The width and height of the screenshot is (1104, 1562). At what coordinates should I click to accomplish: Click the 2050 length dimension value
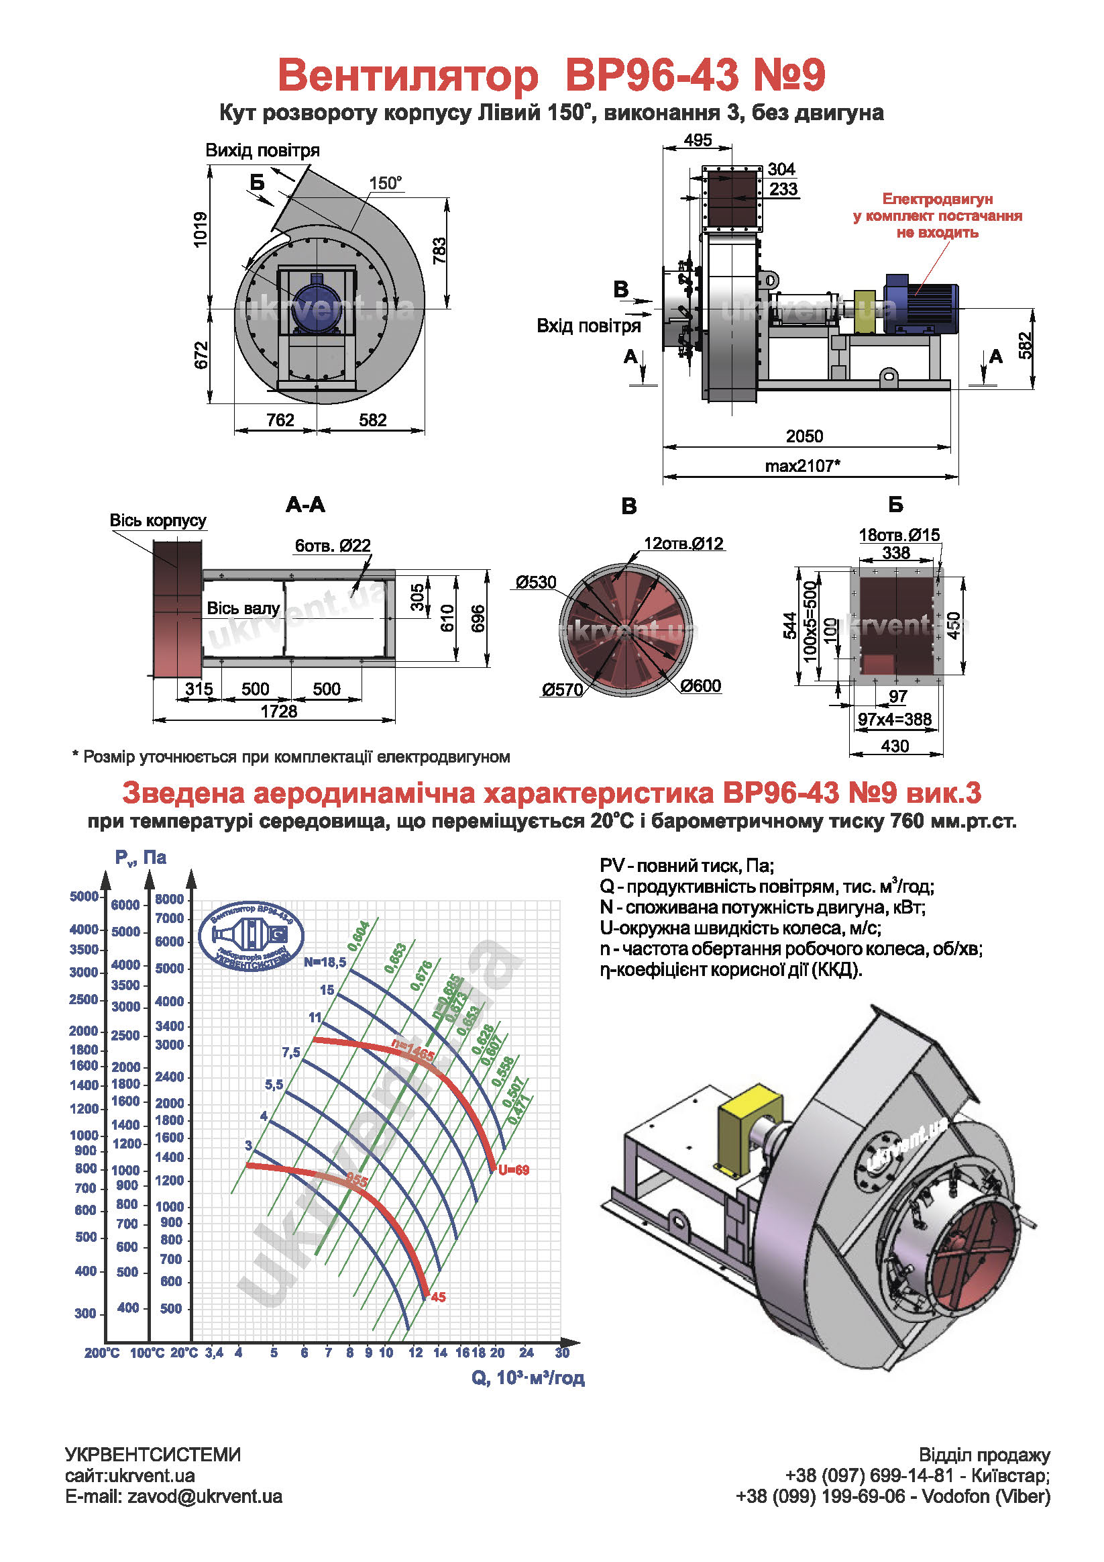(804, 436)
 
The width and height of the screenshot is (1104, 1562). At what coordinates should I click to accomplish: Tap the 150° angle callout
(386, 183)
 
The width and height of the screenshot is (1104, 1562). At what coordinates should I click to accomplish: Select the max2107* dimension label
(803, 466)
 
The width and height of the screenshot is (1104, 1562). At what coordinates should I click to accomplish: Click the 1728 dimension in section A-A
(279, 712)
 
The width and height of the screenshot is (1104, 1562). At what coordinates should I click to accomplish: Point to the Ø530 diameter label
(536, 583)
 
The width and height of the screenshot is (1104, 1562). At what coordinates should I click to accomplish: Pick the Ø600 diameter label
(700, 686)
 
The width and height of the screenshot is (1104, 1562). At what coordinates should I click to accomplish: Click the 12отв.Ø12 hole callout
(683, 544)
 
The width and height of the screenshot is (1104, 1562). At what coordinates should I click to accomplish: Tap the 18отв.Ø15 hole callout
(899, 535)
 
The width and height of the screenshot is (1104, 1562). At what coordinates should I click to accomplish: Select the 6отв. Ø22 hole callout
(333, 546)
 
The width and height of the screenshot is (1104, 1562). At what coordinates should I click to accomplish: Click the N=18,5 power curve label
(325, 962)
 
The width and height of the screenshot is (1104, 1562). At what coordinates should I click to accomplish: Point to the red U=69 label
(513, 1170)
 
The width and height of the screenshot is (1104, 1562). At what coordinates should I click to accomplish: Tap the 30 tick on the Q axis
(562, 1353)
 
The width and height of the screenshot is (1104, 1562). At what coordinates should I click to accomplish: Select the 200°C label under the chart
(101, 1353)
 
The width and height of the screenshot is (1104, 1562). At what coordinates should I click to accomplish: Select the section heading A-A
(305, 505)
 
